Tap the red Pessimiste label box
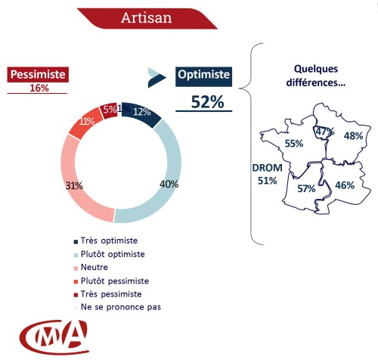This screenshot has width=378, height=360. click(x=38, y=75)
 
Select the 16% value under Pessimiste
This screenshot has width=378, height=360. click(x=38, y=88)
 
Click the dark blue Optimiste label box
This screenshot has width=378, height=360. click(x=203, y=75)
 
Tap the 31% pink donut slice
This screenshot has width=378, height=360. click(x=72, y=186)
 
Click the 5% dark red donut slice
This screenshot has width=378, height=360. click(x=109, y=110)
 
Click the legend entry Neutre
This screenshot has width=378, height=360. click(x=94, y=267)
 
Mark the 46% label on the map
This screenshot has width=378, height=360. click(x=345, y=185)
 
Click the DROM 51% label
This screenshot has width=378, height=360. click(x=267, y=175)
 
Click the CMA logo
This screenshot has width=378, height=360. click(x=53, y=337)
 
